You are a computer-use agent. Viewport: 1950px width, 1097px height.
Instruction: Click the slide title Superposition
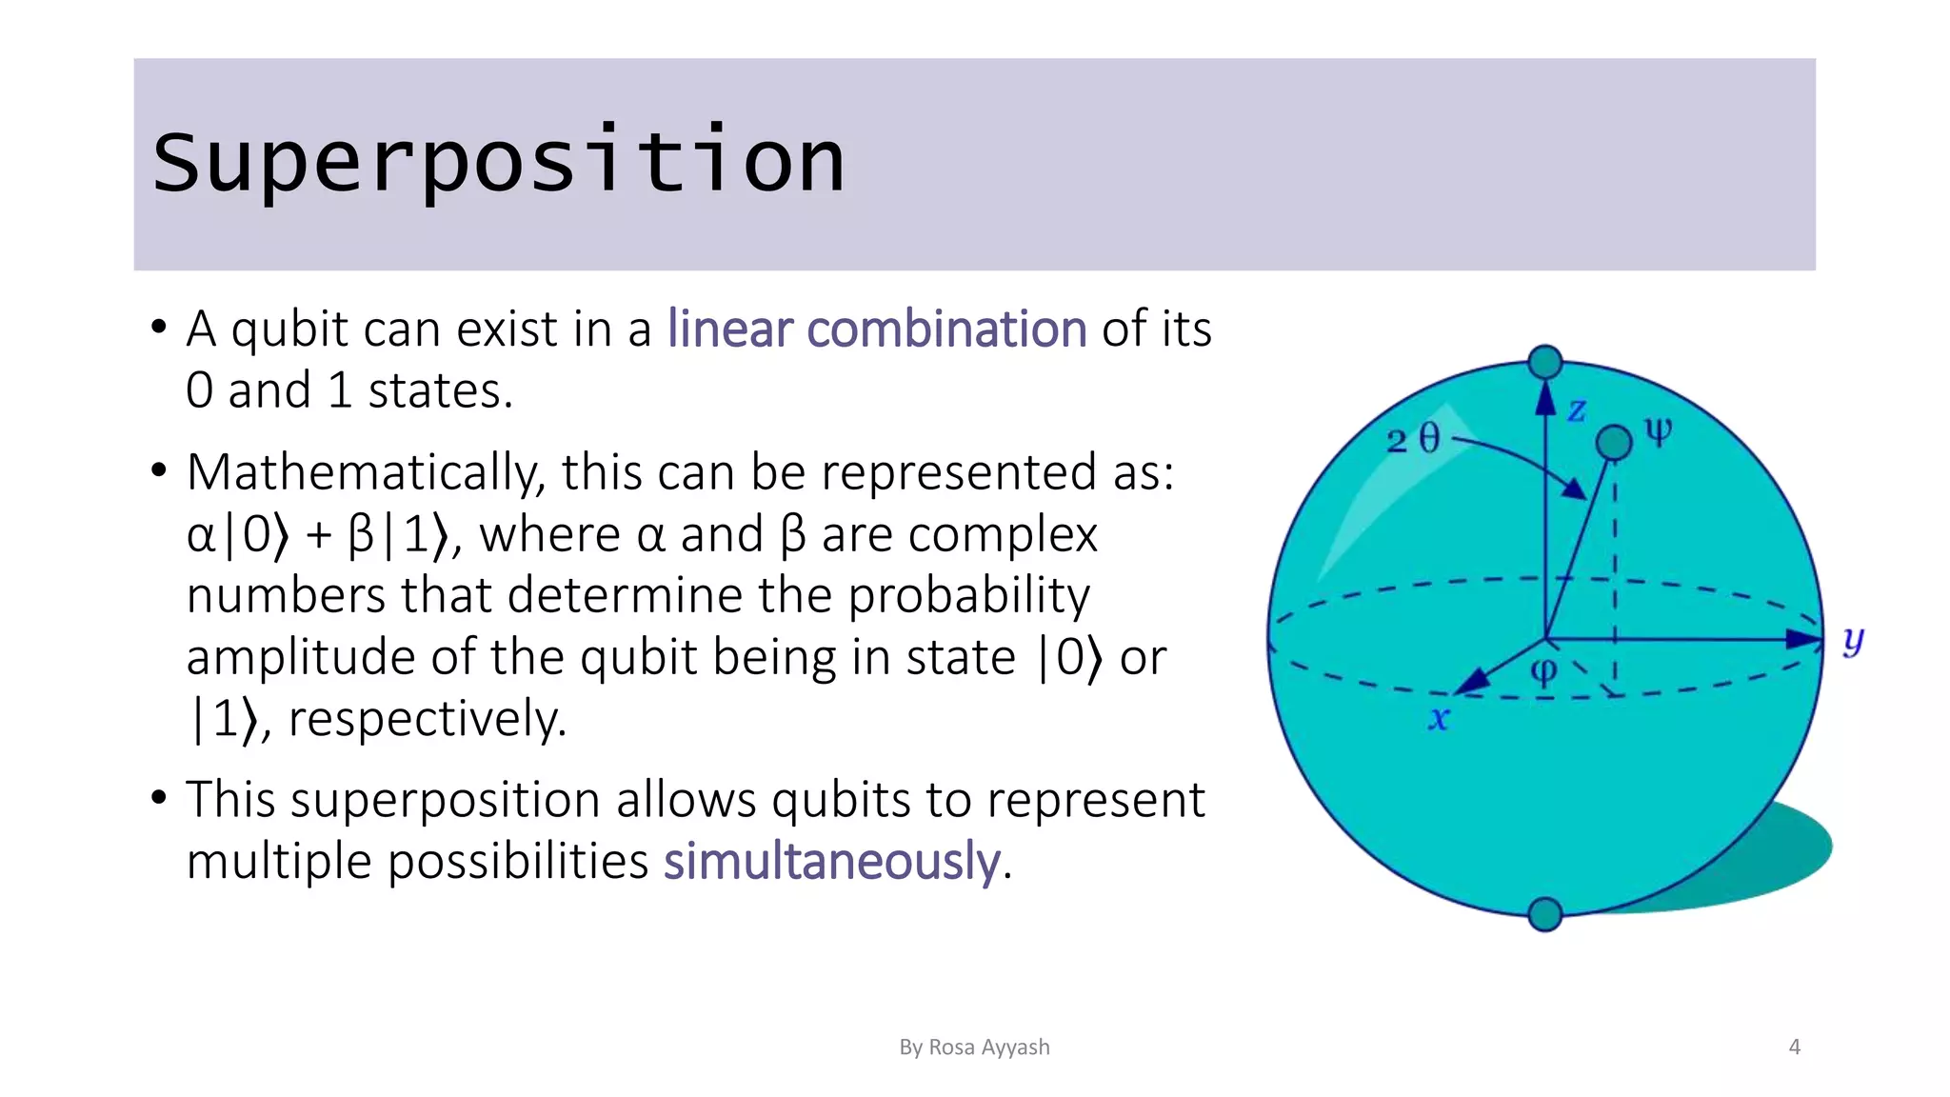[498, 162]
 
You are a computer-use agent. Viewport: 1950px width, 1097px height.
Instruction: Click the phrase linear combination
[876, 329]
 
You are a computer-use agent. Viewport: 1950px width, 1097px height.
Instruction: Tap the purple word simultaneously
[831, 861]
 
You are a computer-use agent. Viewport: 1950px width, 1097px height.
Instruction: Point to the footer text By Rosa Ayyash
[974, 1047]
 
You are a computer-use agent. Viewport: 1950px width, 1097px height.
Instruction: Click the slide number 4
[1795, 1047]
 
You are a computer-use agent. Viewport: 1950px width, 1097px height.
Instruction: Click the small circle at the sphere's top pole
[1544, 362]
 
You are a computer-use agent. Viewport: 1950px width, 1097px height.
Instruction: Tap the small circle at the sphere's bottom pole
[1544, 914]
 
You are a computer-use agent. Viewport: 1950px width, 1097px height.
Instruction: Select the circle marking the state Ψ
[1613, 442]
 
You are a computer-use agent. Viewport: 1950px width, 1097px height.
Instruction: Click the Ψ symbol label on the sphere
[1658, 433]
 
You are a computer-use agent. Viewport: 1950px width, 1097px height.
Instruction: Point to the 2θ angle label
[1414, 440]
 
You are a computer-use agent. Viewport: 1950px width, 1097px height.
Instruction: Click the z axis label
[1577, 410]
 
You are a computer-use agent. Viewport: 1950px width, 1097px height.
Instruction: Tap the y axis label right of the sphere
[1852, 641]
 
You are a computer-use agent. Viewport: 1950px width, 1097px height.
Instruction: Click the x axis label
[1438, 719]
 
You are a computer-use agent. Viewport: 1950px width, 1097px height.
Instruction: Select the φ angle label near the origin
[1543, 671]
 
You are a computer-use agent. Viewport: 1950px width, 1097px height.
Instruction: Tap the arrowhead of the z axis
[1544, 398]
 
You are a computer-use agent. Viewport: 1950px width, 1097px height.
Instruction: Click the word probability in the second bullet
[968, 596]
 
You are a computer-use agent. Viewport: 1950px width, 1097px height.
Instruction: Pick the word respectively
[427, 719]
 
